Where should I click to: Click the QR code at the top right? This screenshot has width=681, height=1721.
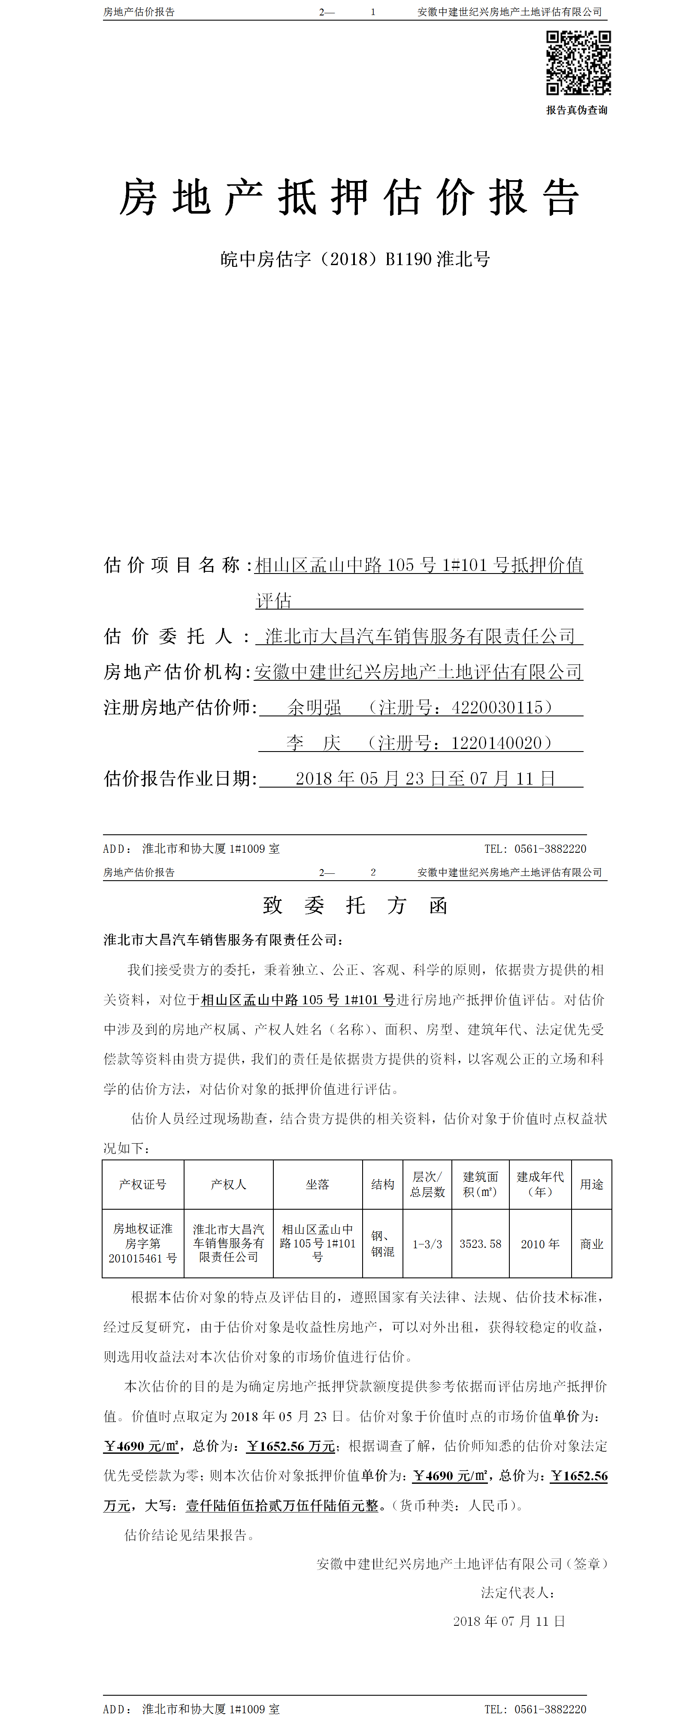coord(578,63)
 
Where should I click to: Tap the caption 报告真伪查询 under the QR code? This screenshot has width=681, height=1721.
coord(577,110)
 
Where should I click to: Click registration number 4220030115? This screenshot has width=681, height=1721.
coord(497,707)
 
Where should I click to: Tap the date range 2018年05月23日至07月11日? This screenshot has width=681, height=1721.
coord(425,778)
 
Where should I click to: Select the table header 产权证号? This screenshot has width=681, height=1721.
coord(142,1184)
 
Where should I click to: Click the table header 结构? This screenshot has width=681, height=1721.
coord(382,1184)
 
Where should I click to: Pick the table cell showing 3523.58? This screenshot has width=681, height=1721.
coord(480,1244)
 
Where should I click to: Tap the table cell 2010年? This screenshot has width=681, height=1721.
coord(539,1244)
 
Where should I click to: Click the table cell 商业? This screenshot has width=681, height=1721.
coord(591,1244)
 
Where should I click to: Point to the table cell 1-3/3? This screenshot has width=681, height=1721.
coord(427,1244)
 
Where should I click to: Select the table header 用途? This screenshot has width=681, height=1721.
coord(591,1184)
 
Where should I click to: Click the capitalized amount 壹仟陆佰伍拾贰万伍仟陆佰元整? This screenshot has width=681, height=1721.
coord(282,1505)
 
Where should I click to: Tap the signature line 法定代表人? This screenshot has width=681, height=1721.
coord(517,1593)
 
